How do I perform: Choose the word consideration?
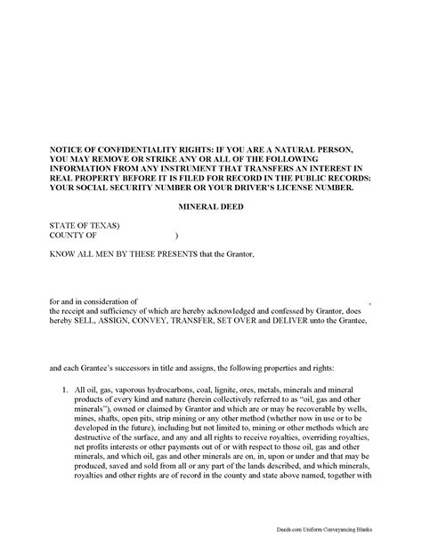(116, 301)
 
